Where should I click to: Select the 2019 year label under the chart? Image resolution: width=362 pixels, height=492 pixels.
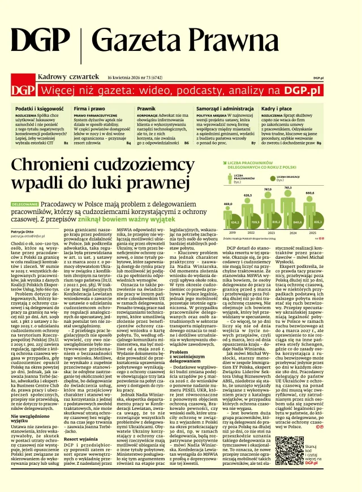pos(230,232)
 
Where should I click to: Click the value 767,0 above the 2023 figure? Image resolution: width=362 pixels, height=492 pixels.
pos(268,190)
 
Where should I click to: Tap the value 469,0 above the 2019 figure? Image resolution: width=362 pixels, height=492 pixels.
pos(229,203)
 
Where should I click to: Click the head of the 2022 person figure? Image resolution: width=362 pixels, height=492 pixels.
pos(247,200)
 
